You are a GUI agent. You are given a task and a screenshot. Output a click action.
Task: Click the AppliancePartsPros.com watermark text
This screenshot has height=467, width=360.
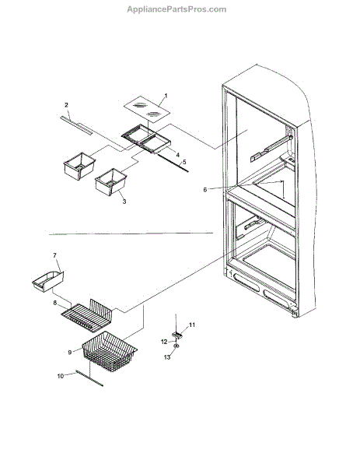[177, 9]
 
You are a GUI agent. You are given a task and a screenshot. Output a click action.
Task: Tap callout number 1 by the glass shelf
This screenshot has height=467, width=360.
[166, 96]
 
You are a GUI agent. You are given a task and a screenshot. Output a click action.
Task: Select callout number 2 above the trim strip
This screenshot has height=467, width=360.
[66, 105]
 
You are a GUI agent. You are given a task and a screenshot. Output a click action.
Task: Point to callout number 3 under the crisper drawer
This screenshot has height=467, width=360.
[124, 202]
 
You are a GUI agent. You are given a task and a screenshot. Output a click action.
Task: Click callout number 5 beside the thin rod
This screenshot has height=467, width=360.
[184, 162]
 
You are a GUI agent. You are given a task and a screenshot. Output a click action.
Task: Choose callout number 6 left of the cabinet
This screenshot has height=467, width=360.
[205, 189]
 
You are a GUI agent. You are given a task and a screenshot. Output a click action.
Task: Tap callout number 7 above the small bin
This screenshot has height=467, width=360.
[54, 255]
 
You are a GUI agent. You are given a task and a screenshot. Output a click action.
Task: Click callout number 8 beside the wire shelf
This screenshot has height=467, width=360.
[55, 303]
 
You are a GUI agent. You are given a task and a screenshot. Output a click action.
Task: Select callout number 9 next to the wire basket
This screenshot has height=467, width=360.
[70, 353]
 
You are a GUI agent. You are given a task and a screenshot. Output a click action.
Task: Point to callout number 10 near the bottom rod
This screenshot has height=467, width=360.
[61, 376]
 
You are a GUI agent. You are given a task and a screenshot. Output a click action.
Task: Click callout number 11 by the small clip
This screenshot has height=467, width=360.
[192, 325]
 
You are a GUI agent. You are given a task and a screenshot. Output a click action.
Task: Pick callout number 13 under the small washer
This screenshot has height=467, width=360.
[167, 356]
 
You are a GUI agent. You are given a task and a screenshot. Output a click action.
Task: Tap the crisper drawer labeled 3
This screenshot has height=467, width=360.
[110, 182]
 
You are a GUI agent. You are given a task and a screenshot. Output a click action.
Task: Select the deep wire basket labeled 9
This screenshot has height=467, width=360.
[110, 352]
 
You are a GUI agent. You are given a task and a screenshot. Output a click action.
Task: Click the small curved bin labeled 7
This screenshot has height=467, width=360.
[48, 282]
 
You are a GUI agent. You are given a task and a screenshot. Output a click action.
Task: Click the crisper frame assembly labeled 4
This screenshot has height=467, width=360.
[146, 139]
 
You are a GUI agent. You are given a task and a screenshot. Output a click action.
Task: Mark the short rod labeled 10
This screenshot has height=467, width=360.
[89, 378]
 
